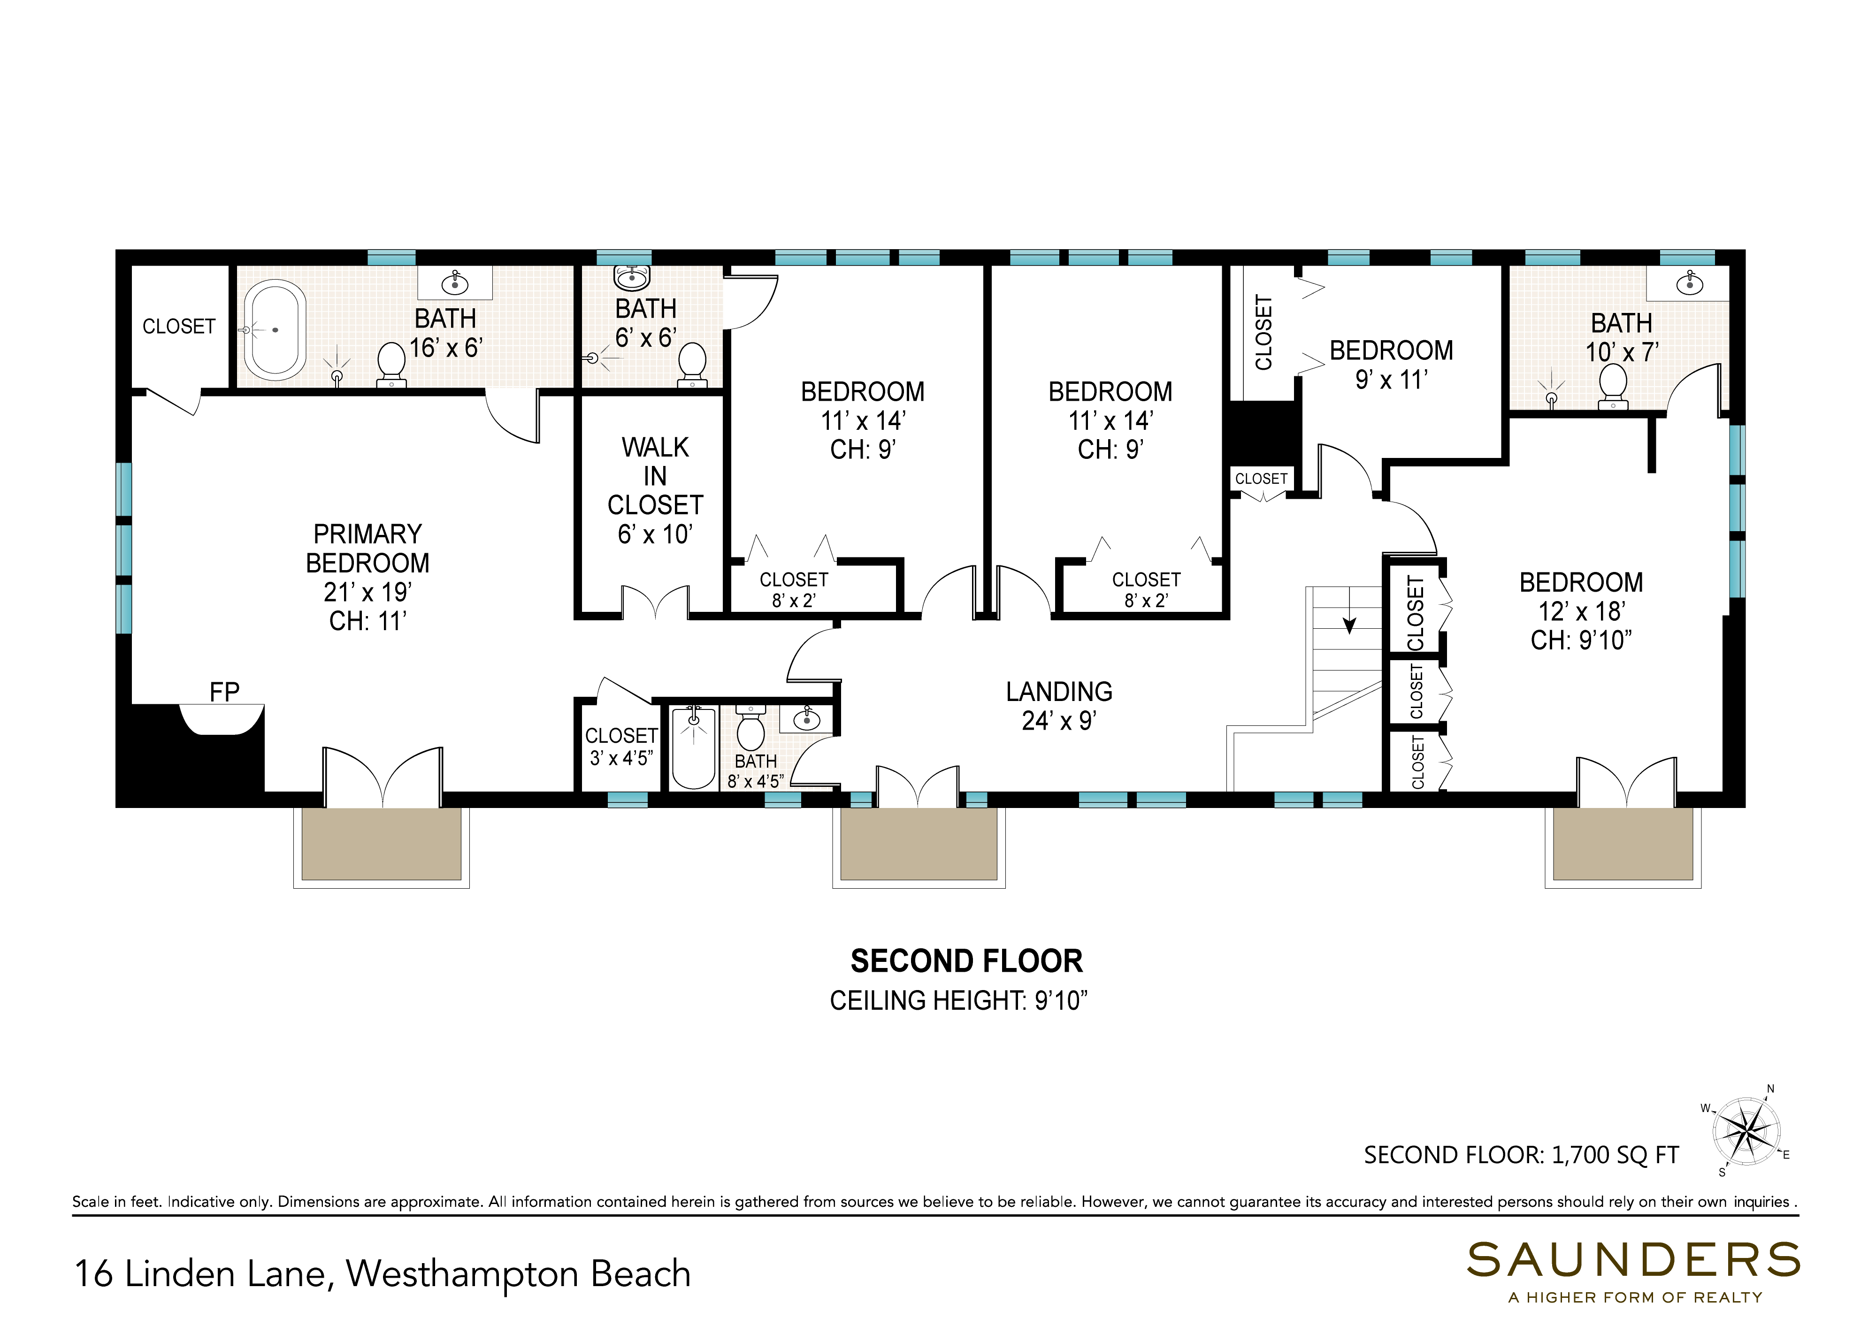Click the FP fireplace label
[x=225, y=692]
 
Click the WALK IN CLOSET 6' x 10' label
[x=655, y=490]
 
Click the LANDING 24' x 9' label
[x=1059, y=706]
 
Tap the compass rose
[x=1746, y=1132]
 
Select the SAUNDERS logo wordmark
[x=1633, y=1261]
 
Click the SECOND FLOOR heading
[x=966, y=961]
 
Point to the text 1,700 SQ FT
[x=1616, y=1155]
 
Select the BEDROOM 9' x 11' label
[x=1392, y=365]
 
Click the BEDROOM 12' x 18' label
[x=1581, y=611]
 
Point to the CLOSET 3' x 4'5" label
[x=621, y=747]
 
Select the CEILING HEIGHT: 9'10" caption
[x=958, y=1001]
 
